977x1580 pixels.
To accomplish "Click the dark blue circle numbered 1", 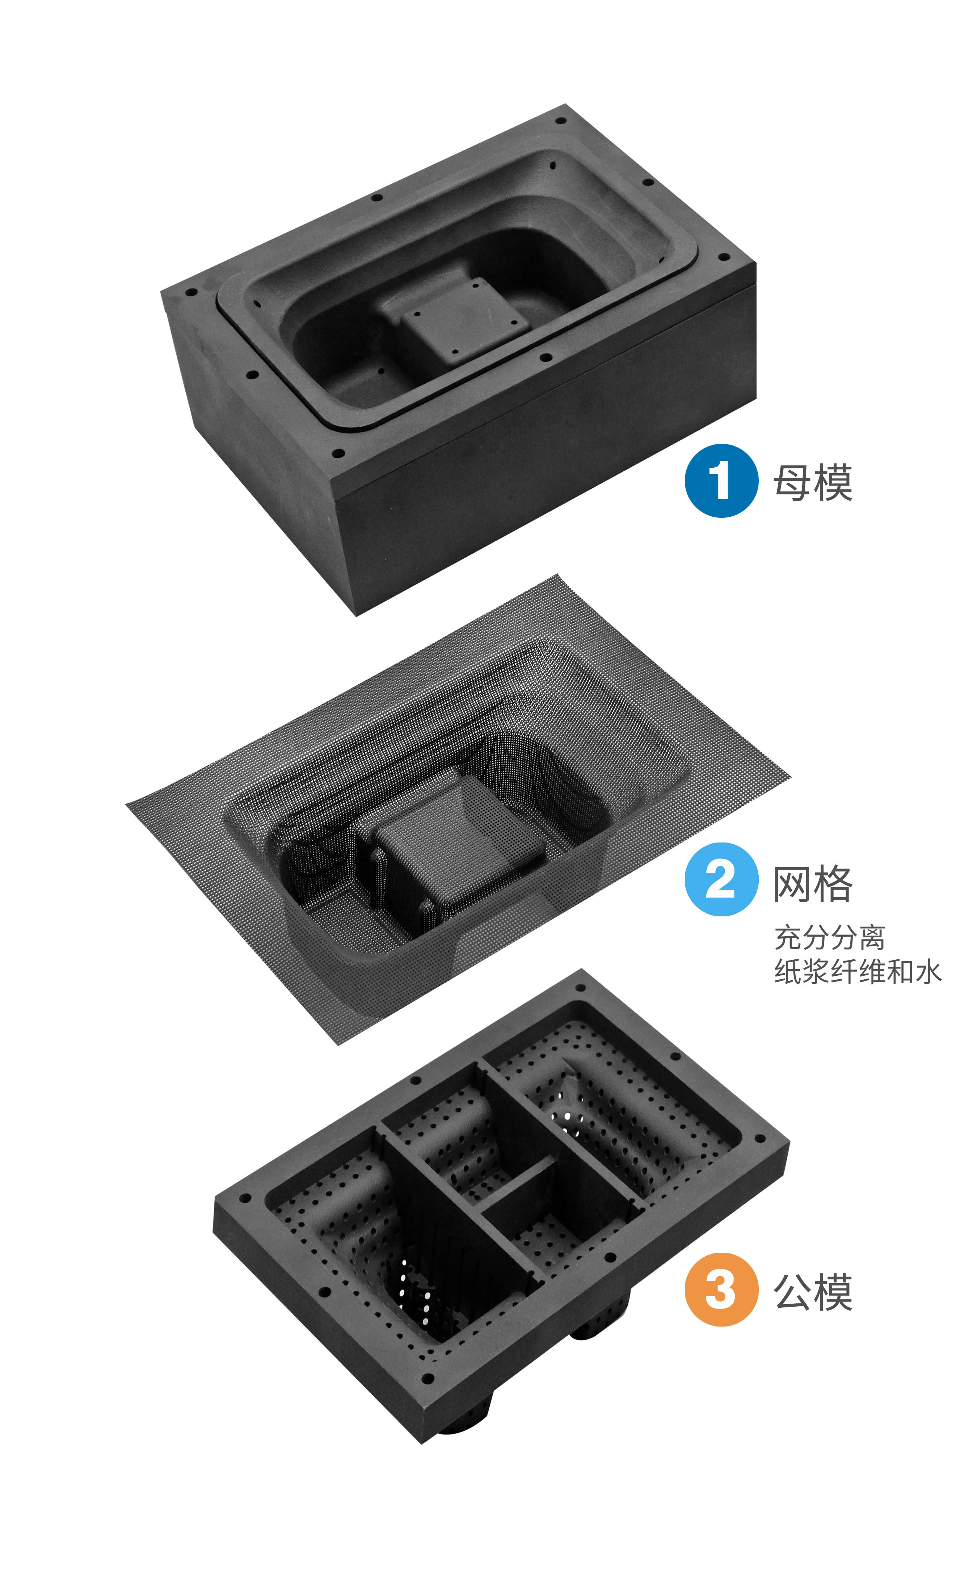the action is click(721, 481).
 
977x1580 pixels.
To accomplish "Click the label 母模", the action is click(813, 482).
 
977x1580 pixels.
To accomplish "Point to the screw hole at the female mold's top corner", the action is click(561, 121).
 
